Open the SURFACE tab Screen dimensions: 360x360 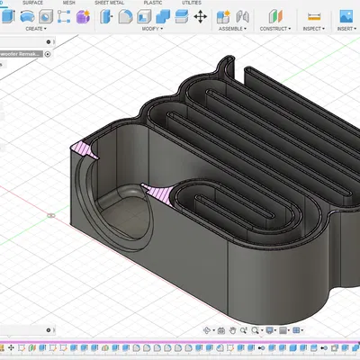32,3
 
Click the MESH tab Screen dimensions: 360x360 69,3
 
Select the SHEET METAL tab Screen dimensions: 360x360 110,3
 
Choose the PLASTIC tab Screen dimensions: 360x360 153,3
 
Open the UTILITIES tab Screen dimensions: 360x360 192,3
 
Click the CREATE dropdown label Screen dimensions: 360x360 35,29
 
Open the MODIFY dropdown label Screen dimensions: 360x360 152,29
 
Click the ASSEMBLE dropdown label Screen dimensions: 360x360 232,29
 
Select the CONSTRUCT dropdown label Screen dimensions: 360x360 274,29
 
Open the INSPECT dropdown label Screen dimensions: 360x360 314,29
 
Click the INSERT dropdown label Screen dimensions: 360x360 346,29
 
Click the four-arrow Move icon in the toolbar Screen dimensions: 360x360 199,16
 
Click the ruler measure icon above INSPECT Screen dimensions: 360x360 314,16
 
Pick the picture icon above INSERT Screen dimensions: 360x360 346,16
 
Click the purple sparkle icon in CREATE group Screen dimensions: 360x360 83,16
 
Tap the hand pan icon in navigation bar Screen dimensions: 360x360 232,330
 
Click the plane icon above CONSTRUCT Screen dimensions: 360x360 274,16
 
